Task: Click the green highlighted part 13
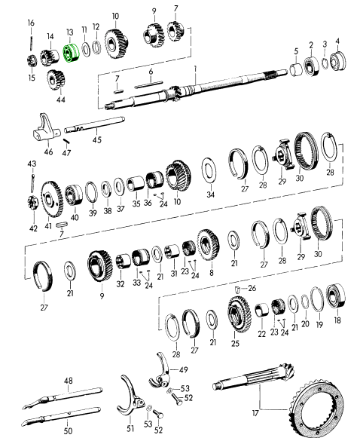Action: tap(72, 53)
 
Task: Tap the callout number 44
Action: tap(61, 100)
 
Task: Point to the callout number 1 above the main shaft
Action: tap(195, 68)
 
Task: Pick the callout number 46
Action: tap(48, 152)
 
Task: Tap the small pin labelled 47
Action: tap(66, 141)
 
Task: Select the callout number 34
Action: tap(210, 194)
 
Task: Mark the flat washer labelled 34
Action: tap(209, 172)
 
